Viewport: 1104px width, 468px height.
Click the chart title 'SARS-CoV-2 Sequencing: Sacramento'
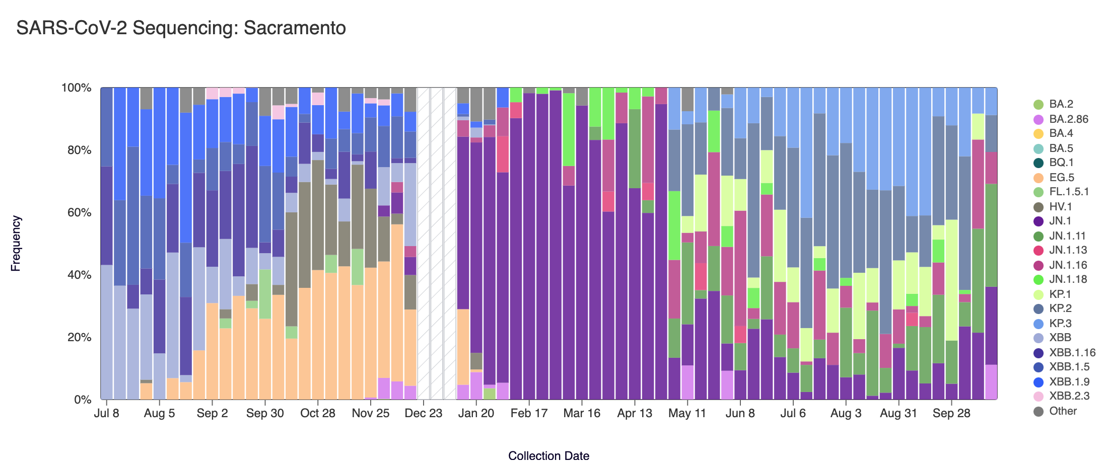click(x=181, y=28)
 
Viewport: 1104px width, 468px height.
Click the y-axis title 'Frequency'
click(x=16, y=244)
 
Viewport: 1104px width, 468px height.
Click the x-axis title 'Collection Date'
click(x=548, y=456)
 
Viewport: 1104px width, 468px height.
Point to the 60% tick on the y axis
click(x=77, y=212)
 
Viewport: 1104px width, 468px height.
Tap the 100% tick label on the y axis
click(x=76, y=88)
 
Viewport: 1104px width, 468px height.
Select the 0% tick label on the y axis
click(x=82, y=400)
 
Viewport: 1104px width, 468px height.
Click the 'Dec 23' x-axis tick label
click(x=423, y=414)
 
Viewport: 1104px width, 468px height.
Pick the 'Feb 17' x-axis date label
click(x=529, y=414)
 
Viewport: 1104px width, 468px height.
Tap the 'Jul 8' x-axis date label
click(x=107, y=414)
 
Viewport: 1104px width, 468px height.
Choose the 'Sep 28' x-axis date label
click(x=951, y=414)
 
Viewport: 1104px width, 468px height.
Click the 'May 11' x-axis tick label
click(x=687, y=414)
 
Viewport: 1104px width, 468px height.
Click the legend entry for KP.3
click(x=1060, y=324)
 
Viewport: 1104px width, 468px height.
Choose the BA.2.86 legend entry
click(x=1068, y=119)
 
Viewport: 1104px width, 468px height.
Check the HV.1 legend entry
click(x=1060, y=207)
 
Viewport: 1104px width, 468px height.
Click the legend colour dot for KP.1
click(x=1038, y=294)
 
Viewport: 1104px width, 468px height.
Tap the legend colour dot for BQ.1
click(x=1038, y=163)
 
